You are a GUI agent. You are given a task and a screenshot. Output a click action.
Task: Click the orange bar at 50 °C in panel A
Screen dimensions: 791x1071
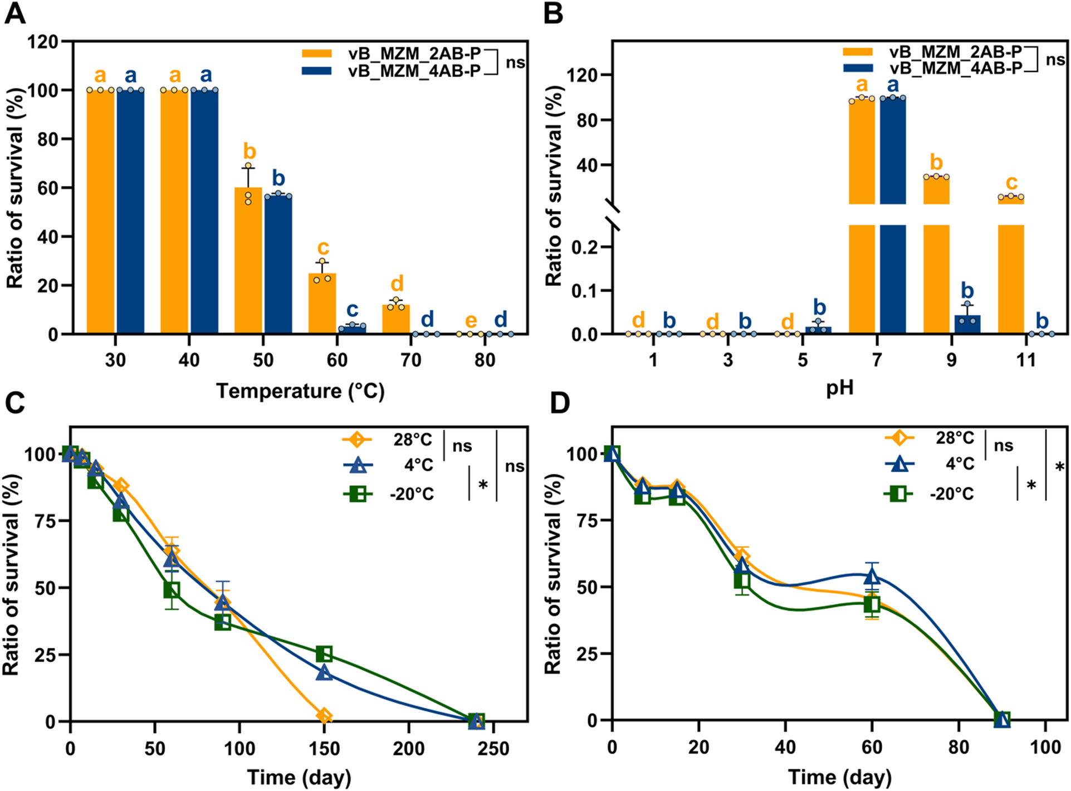click(x=248, y=262)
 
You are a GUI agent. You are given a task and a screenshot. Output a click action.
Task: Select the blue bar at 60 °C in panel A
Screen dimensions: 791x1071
click(x=352, y=329)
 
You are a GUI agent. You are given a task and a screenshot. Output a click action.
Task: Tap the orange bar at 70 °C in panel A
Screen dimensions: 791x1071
click(x=396, y=320)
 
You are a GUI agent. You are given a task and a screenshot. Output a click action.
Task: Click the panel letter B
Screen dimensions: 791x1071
click(x=553, y=13)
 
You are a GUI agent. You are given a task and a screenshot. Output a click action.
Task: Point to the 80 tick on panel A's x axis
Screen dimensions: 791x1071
click(x=485, y=360)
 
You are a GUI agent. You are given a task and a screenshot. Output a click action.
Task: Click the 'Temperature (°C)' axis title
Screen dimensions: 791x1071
click(x=300, y=391)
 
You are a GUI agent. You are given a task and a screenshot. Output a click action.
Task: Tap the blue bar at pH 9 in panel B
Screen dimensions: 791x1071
click(x=967, y=325)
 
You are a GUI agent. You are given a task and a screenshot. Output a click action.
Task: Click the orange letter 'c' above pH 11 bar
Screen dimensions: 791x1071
click(x=1011, y=182)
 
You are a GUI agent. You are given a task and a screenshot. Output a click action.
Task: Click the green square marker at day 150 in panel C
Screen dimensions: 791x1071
click(x=324, y=653)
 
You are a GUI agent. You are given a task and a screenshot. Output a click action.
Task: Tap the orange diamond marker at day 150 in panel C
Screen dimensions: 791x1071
click(x=324, y=716)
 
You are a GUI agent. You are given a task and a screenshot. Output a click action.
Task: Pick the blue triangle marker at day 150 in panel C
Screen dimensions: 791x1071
click(x=324, y=673)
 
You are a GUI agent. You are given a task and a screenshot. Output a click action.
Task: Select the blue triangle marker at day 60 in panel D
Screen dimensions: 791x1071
click(x=872, y=576)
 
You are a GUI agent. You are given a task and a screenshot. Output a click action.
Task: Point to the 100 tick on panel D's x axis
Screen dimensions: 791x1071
click(x=1045, y=747)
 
